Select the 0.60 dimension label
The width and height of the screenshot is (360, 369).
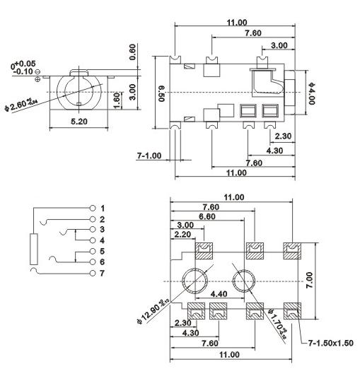(132, 52)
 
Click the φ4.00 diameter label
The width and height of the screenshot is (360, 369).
(312, 93)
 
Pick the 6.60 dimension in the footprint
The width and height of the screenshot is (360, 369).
(207, 216)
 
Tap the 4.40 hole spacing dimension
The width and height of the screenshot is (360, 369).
(220, 293)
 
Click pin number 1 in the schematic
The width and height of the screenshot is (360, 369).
(103, 209)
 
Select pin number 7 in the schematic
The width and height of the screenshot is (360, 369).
(103, 273)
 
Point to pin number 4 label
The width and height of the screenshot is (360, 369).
(103, 240)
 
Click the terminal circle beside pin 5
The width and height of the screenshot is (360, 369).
(93, 251)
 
